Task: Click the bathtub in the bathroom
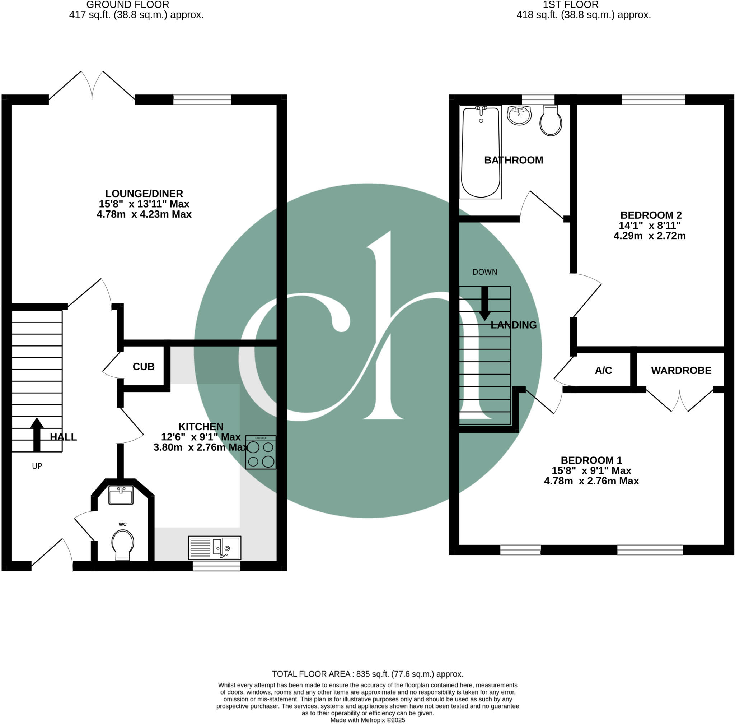click(x=481, y=152)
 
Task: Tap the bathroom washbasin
click(x=519, y=115)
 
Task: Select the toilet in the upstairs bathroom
click(x=551, y=121)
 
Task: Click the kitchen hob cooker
click(x=260, y=452)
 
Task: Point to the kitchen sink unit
click(x=214, y=548)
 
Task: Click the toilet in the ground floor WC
click(x=122, y=544)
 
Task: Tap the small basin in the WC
click(x=121, y=496)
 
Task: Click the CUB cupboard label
click(x=143, y=367)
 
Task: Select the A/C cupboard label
click(x=603, y=370)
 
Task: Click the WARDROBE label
click(x=681, y=370)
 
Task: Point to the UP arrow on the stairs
click(x=37, y=434)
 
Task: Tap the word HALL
click(x=64, y=437)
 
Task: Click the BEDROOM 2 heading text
click(x=651, y=215)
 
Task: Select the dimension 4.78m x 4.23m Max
click(x=144, y=214)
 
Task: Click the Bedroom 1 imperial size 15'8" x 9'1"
click(x=591, y=470)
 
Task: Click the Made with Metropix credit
click(x=367, y=720)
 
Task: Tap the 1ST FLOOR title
click(x=570, y=5)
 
